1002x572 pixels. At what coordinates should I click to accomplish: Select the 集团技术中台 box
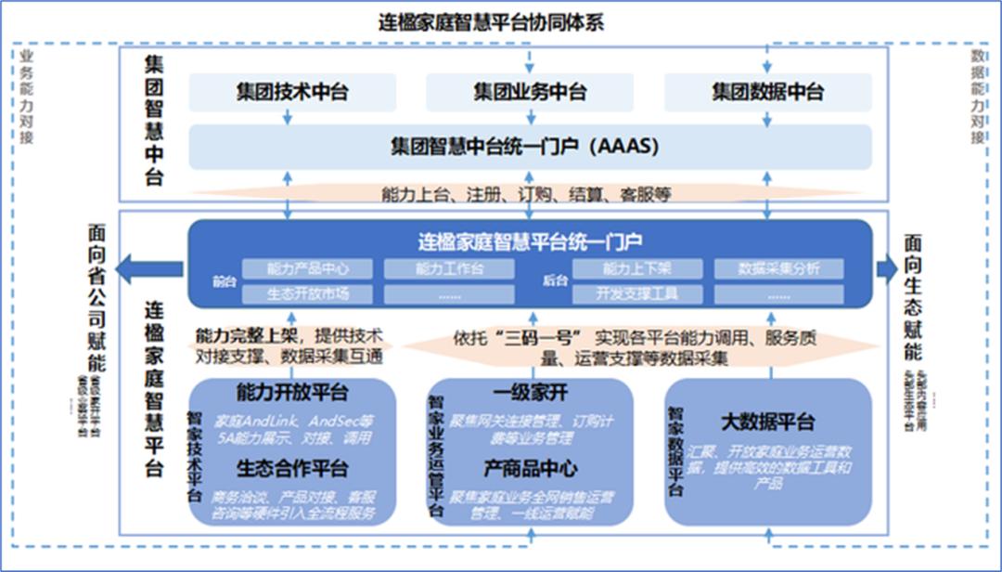click(x=292, y=93)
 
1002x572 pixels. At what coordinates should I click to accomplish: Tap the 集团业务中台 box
click(x=530, y=93)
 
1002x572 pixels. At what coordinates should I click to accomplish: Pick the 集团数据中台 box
click(x=767, y=93)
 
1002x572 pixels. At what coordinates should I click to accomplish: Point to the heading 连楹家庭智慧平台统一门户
click(x=530, y=242)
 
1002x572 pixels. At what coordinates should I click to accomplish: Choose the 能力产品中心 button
click(x=307, y=269)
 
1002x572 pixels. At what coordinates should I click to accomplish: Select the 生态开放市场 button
click(x=307, y=294)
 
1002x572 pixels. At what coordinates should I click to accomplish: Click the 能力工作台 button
click(x=450, y=269)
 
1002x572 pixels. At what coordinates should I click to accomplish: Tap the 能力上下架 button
click(x=637, y=269)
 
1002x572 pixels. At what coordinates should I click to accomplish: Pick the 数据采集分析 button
click(x=778, y=269)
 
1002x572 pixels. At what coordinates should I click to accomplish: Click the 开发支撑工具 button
click(x=637, y=294)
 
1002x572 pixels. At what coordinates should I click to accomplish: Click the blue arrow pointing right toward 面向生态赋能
click(x=887, y=269)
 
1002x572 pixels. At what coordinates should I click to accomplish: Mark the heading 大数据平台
click(x=767, y=422)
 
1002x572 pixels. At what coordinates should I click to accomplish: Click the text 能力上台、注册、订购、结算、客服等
click(x=526, y=195)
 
